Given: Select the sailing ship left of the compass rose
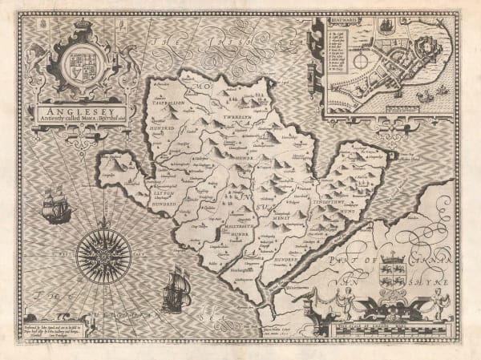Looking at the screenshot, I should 55,205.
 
